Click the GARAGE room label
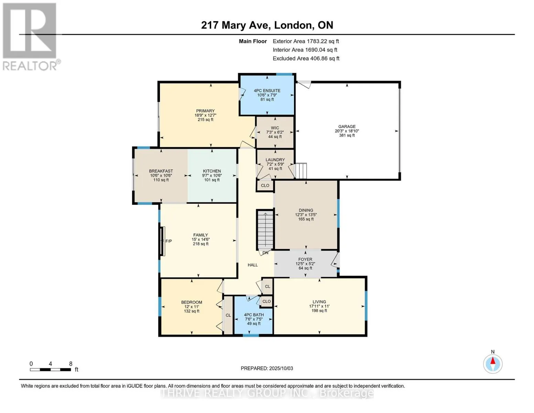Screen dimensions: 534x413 347,126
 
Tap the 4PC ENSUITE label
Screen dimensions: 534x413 267,91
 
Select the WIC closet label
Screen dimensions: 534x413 275,128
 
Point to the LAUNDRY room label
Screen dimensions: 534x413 275,160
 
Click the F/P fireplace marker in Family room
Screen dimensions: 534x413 168,241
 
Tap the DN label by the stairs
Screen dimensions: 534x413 265,253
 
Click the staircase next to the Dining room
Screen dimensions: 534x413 265,230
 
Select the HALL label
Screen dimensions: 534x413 253,265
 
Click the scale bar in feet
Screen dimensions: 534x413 51,369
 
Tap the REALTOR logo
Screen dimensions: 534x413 31,37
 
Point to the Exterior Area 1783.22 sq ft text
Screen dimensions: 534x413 306,41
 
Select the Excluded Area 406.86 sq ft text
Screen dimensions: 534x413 306,59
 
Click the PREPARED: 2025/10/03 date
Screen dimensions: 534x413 267,368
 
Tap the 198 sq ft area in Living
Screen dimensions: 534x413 319,311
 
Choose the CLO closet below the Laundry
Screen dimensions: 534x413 265,186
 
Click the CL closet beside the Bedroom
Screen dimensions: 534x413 228,315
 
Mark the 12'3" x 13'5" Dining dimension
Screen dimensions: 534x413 306,215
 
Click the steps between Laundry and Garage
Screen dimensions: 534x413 301,171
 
